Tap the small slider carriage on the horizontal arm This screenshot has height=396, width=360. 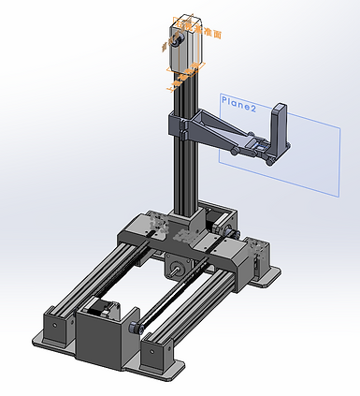[x=256, y=149]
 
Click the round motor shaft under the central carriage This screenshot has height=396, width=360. [x=176, y=271]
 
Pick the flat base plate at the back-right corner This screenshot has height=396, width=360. [x=269, y=273]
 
